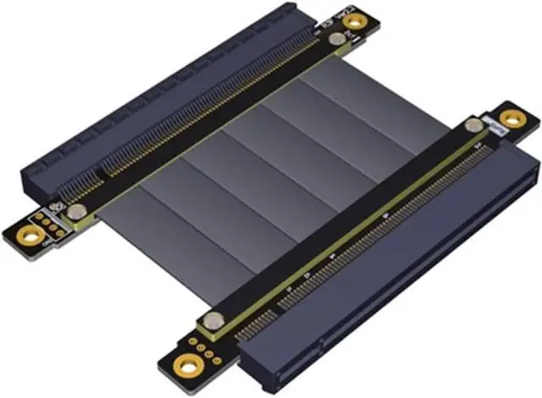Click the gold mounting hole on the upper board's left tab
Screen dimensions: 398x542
coord(23,228)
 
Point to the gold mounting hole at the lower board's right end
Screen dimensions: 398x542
coord(511,118)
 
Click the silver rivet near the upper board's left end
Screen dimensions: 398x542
coord(77,212)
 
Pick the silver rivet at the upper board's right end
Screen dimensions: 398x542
coord(337,39)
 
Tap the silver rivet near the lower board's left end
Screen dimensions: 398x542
coord(215,321)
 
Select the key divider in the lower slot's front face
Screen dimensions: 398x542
coord(319,343)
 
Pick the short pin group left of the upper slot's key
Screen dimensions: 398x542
coord(85,182)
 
